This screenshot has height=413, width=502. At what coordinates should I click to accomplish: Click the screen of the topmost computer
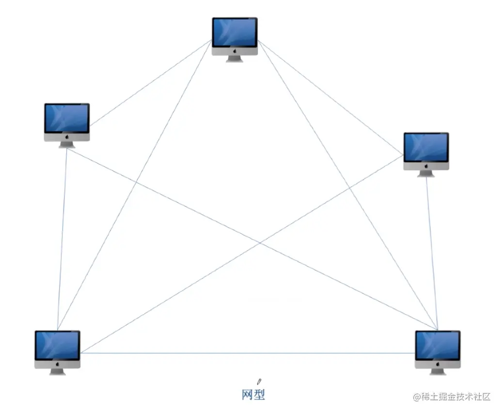click(x=235, y=32)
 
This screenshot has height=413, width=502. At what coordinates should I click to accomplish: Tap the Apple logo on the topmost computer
click(x=235, y=50)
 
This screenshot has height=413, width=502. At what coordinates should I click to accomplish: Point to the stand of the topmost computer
click(x=235, y=59)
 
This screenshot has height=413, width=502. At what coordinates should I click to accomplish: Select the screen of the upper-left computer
click(x=67, y=118)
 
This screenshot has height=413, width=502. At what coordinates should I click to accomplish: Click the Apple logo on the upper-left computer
click(x=67, y=137)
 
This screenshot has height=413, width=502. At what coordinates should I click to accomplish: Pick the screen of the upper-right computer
click(x=426, y=147)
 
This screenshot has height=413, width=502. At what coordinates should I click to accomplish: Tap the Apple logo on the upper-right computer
click(x=426, y=166)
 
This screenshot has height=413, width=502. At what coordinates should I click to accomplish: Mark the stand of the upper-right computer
click(x=426, y=173)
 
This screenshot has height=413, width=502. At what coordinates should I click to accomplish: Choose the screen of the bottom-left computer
click(x=57, y=345)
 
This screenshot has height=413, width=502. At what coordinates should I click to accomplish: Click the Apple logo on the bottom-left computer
click(x=57, y=364)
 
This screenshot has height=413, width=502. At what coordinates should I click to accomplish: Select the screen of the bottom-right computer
click(x=438, y=345)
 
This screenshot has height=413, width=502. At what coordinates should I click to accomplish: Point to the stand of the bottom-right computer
click(x=438, y=372)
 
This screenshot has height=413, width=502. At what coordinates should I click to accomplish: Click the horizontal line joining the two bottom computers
click(x=247, y=353)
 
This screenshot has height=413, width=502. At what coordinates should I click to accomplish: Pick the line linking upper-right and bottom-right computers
click(x=432, y=252)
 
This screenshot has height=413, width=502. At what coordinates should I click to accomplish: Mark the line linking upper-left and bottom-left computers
click(x=62, y=237)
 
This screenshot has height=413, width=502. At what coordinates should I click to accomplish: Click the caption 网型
click(x=253, y=395)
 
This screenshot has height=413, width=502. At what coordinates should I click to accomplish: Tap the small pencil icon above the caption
click(x=259, y=382)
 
